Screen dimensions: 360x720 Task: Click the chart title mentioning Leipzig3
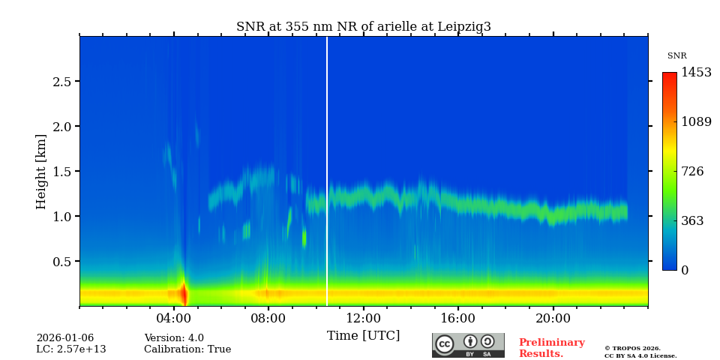tap(363, 27)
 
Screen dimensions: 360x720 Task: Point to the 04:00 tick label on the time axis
tap(174, 318)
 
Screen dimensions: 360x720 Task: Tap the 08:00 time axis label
tap(268, 318)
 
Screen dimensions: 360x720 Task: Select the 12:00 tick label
tap(363, 318)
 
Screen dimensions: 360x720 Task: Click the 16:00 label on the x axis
tap(458, 318)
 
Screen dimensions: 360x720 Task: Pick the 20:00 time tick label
tap(553, 318)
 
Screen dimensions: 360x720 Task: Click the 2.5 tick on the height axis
tap(62, 82)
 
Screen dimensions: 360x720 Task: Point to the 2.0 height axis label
tap(62, 127)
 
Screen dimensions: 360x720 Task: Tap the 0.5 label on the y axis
tap(62, 262)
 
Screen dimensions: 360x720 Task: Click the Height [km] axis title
tap(41, 171)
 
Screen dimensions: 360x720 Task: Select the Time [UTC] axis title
tap(363, 336)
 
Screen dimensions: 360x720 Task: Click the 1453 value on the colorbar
tap(696, 73)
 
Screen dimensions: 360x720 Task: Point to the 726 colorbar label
tap(692, 172)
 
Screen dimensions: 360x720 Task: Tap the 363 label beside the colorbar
tap(692, 221)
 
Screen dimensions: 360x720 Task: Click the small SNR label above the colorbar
tap(676, 56)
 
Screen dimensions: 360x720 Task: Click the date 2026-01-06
tap(65, 338)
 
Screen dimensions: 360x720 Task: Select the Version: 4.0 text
tap(174, 338)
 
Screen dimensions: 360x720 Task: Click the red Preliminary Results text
tap(551, 348)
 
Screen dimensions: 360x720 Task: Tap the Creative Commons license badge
tap(468, 345)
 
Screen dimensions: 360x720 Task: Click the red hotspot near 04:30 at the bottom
tap(184, 293)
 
